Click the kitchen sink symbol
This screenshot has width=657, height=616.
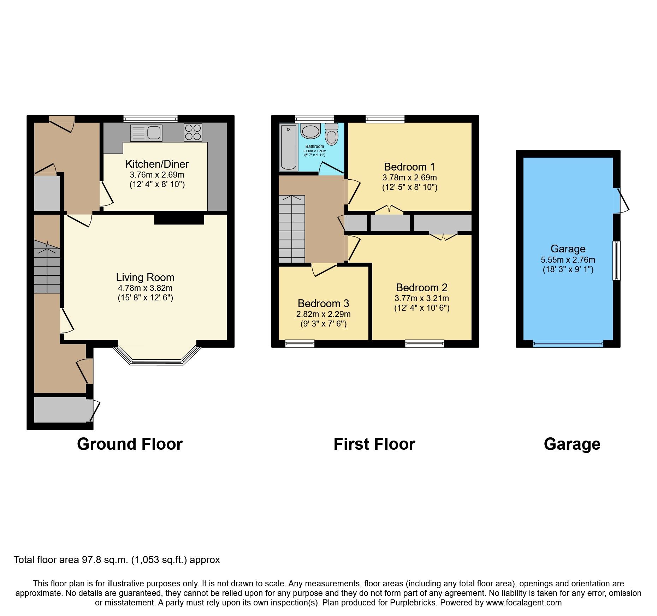click(x=146, y=133)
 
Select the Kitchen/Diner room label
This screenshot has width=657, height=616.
click(x=157, y=164)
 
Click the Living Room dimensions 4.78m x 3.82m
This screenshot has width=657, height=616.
click(x=145, y=288)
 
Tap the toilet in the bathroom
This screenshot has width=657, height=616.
click(x=331, y=134)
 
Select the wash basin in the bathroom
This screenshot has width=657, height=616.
click(x=310, y=131)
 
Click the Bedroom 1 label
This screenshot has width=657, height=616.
click(x=409, y=167)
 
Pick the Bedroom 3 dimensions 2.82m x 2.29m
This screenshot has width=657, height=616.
click(x=323, y=314)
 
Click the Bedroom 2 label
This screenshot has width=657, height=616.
click(x=421, y=288)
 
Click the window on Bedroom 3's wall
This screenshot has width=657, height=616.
click(x=300, y=343)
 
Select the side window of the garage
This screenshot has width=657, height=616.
click(x=616, y=261)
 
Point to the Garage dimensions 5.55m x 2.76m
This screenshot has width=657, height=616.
click(x=568, y=260)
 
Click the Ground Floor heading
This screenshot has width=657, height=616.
click(x=130, y=444)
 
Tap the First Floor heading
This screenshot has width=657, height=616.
click(x=374, y=444)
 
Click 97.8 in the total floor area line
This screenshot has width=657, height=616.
click(x=90, y=560)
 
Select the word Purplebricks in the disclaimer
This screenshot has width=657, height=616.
click(x=413, y=603)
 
